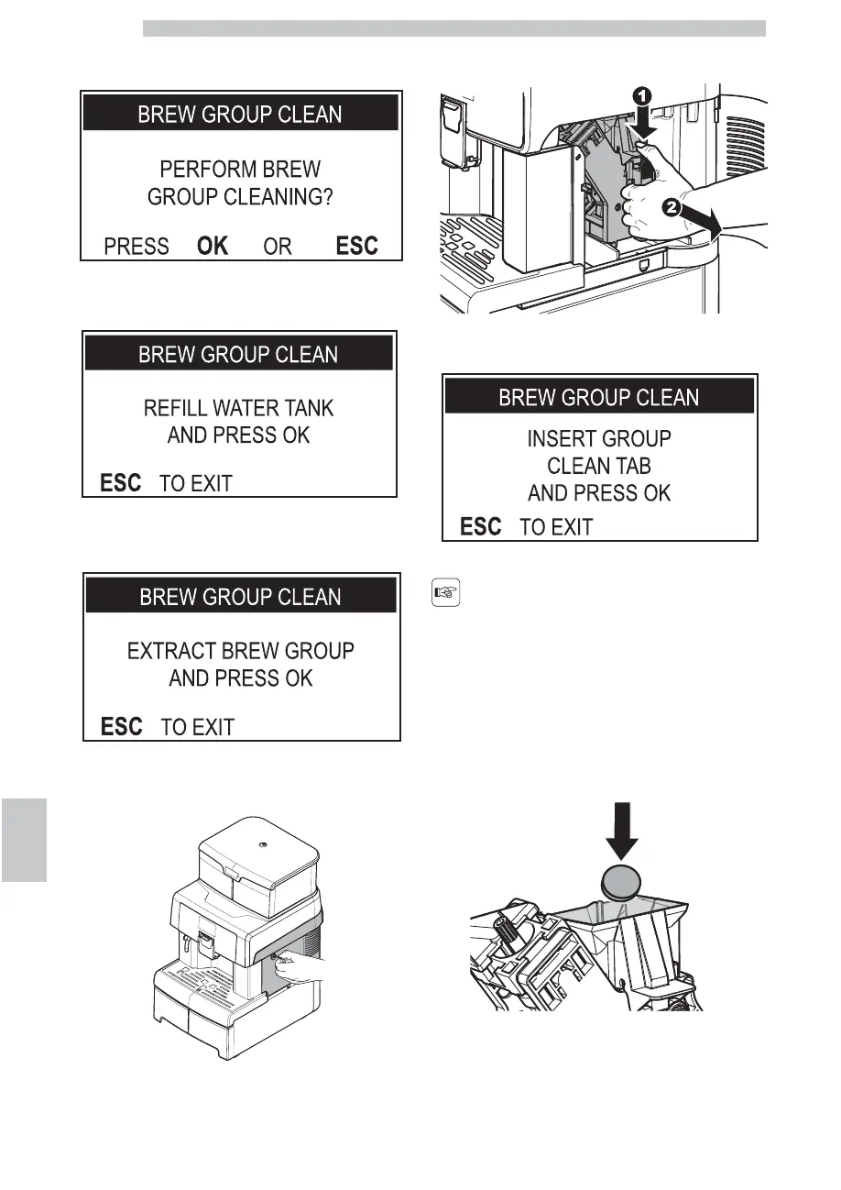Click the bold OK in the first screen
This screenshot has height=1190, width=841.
(213, 246)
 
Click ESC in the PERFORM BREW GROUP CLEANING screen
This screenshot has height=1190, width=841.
(357, 246)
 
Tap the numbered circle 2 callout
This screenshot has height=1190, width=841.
(672, 209)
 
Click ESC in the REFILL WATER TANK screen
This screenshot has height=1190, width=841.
(120, 483)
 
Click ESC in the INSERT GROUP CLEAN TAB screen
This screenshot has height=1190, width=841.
(481, 527)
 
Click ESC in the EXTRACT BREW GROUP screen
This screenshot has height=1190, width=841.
(121, 727)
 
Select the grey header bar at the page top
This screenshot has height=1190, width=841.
(453, 28)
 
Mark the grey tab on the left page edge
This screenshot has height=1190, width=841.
(23, 838)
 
